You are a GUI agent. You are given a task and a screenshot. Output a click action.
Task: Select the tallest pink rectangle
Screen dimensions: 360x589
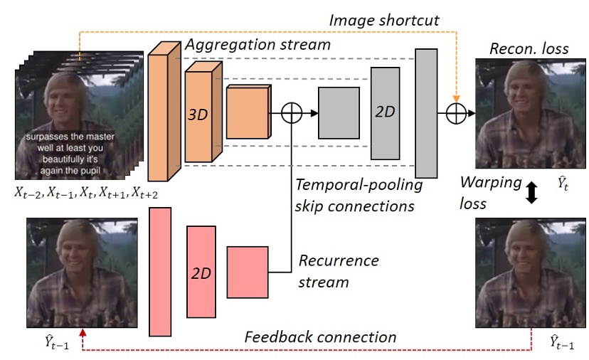coord(161,270)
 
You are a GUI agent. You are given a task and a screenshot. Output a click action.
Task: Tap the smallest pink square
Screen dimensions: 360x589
coord(247,270)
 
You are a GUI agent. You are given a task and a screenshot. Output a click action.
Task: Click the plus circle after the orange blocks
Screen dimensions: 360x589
coord(292,112)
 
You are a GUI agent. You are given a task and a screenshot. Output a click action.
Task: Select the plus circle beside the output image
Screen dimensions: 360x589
coord(456,112)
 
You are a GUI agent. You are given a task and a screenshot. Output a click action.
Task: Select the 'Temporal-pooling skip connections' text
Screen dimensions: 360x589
coord(357,195)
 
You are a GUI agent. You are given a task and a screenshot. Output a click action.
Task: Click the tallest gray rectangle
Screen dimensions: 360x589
coord(426,112)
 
